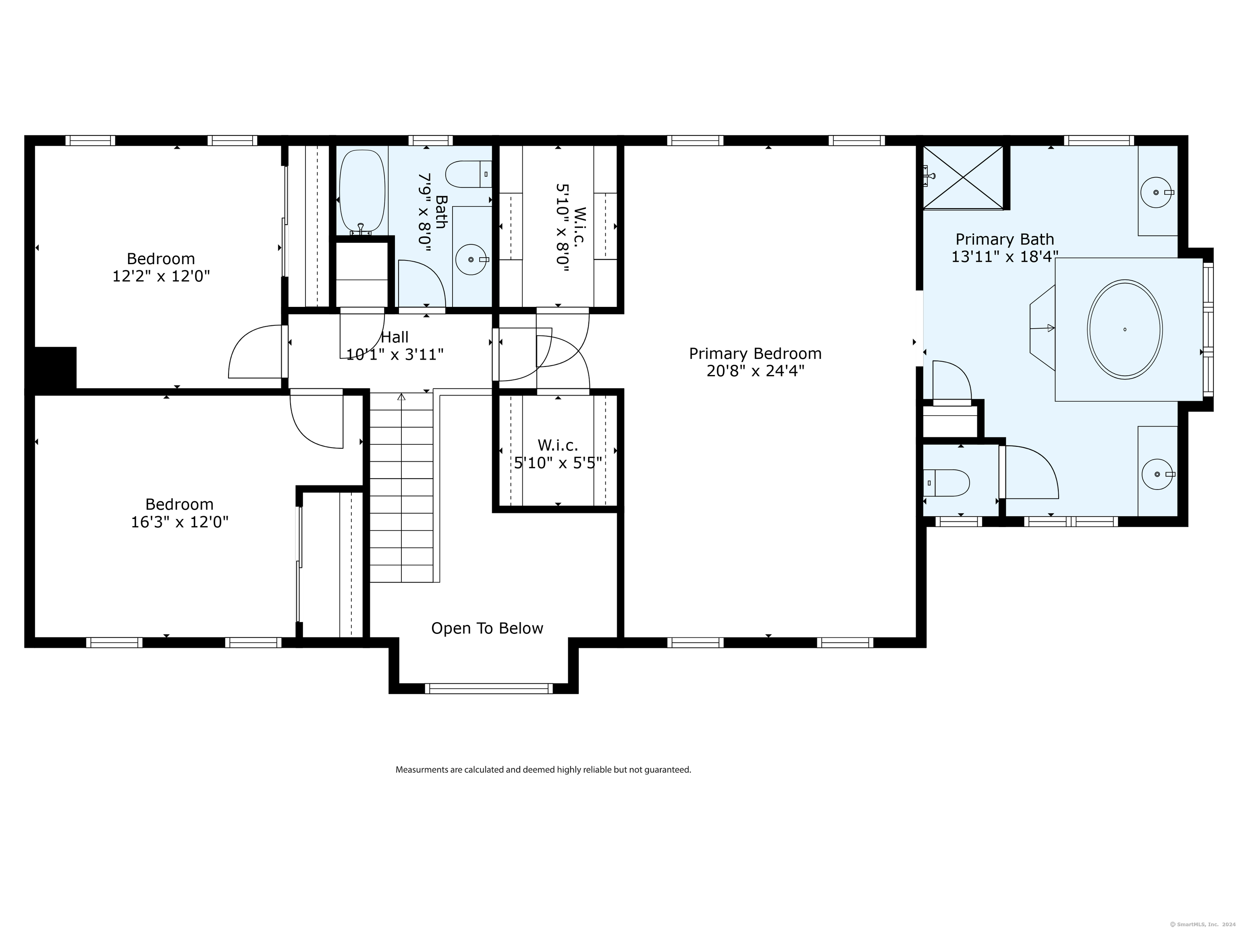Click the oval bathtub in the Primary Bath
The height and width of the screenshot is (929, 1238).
[x=1124, y=329]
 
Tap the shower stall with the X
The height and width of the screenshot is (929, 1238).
[x=963, y=177]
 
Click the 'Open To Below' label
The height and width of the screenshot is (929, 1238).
[x=487, y=628]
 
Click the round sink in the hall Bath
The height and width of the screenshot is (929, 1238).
[x=471, y=259]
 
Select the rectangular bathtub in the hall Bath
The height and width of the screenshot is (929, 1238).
[x=363, y=191]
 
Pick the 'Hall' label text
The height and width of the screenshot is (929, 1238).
[x=395, y=337]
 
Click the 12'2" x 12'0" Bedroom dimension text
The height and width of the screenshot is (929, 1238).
[x=161, y=276]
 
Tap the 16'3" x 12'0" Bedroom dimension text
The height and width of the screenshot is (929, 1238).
[x=180, y=522]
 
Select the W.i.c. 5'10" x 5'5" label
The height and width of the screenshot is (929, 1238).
[x=558, y=454]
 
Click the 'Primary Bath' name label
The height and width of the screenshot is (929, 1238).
[x=1005, y=239]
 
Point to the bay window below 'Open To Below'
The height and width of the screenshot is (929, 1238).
[x=488, y=688]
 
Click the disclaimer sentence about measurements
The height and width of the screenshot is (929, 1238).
[x=543, y=769]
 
